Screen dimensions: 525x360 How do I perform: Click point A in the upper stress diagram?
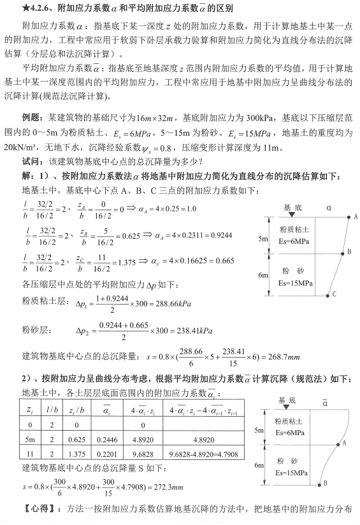[x=348, y=217]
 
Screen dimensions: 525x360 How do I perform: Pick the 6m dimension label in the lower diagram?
[x=261, y=466]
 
